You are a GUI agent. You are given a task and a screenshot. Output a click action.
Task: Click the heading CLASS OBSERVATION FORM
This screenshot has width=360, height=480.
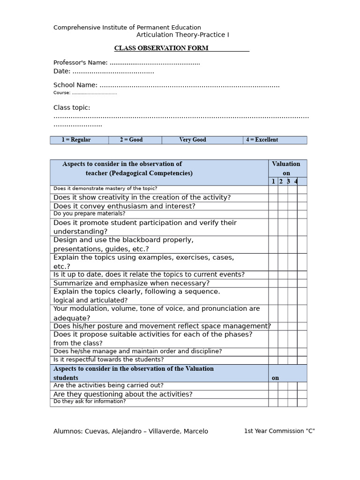coord(161,48)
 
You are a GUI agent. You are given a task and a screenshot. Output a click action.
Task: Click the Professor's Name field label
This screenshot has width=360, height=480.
coord(81,62)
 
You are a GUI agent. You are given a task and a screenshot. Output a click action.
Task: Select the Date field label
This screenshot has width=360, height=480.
coord(62,71)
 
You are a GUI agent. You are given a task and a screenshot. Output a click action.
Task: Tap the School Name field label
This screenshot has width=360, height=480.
coord(75,85)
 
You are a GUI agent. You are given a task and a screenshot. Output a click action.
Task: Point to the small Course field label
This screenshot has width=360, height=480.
coord(62,93)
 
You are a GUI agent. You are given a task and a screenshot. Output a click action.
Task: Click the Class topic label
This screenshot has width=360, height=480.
coord(72,107)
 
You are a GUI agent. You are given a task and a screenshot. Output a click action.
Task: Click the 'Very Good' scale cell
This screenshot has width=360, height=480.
coord(192,140)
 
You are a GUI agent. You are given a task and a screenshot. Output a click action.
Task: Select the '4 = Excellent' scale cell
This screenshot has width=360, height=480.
coord(262,140)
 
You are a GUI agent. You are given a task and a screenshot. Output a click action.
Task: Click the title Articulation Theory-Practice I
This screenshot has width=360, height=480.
coord(183,35)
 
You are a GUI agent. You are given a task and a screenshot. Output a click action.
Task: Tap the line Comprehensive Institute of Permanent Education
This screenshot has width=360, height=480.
coord(127,28)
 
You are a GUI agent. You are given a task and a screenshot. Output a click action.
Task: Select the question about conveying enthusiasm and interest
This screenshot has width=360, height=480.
coord(124,206)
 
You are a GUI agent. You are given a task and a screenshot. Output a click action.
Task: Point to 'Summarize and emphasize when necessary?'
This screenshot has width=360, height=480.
coord(131,283)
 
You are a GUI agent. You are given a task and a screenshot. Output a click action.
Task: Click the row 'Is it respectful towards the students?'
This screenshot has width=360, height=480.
coord(109,360)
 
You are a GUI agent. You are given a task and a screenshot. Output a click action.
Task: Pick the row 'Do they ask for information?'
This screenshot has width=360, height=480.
coord(90,401)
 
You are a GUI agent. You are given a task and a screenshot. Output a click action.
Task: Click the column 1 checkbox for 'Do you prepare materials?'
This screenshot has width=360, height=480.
coord(273,214)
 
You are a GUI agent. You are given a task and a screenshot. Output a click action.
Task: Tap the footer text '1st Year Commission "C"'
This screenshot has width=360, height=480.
coord(279,431)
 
